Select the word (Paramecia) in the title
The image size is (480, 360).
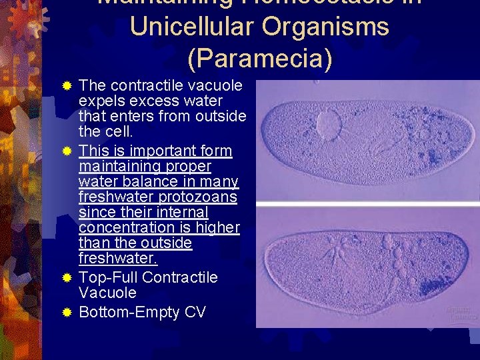pos(259,58)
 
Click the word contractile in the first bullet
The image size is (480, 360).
pos(143,86)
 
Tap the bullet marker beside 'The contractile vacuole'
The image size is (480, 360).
pos(67,86)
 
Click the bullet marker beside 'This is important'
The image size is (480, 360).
pos(67,151)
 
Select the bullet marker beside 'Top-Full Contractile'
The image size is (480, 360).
pos(67,277)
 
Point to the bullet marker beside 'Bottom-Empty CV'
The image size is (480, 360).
pos(67,311)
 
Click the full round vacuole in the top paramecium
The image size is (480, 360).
pos(329,123)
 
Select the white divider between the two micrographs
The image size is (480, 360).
pos(367,203)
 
